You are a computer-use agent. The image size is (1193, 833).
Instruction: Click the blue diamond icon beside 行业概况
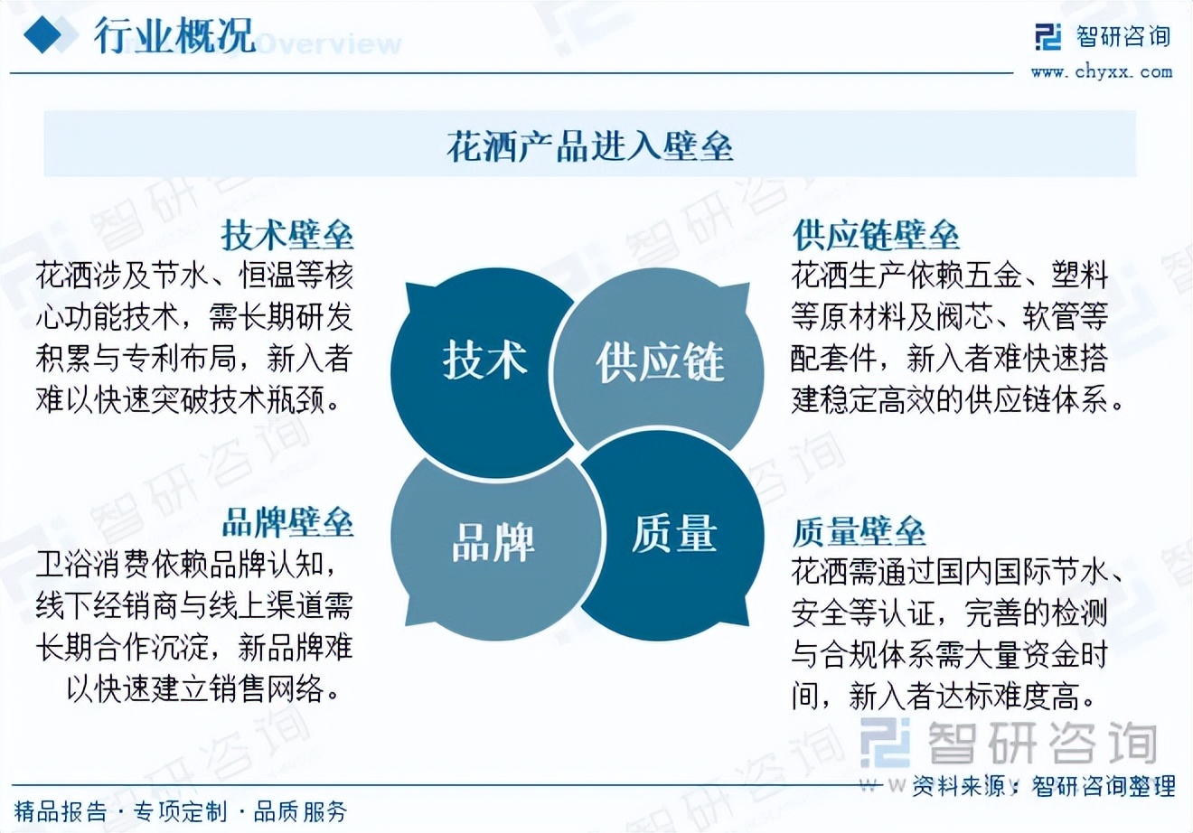click(x=43, y=34)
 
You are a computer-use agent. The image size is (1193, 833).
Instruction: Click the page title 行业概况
click(x=174, y=35)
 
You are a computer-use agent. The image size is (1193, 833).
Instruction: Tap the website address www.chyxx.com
click(x=1102, y=72)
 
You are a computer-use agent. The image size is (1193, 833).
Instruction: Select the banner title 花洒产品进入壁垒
click(x=589, y=145)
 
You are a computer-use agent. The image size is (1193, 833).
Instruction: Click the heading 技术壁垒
click(x=287, y=235)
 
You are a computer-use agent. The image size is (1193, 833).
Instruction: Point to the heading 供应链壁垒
click(x=876, y=235)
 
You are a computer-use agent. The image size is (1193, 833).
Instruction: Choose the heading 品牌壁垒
click(x=287, y=522)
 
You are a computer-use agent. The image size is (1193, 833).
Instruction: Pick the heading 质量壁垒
click(x=859, y=531)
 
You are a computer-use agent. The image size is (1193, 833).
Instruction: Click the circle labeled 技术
click(x=482, y=372)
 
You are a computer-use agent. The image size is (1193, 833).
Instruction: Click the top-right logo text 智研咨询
click(x=1123, y=37)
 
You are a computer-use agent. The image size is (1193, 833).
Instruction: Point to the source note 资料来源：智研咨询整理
click(x=1044, y=786)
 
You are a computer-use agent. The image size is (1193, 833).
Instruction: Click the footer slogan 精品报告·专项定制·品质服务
click(x=181, y=811)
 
